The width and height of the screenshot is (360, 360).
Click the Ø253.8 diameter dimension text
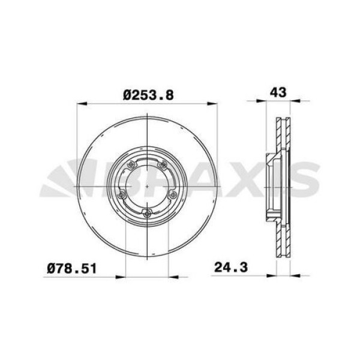147,94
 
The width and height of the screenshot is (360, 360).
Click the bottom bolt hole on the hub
147,212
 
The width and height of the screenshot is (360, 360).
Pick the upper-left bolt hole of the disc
131,166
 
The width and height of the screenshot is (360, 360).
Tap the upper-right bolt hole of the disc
163,166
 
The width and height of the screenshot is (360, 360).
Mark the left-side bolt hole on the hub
121,194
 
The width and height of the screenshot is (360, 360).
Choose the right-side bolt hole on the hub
173,194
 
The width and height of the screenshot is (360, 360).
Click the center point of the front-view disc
147,187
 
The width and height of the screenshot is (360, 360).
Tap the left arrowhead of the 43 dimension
268,104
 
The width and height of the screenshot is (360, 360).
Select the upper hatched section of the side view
281,135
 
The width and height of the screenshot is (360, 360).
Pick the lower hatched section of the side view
281,240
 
